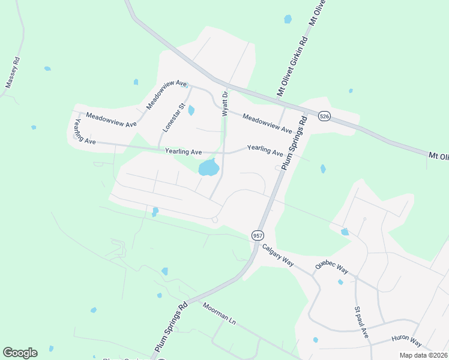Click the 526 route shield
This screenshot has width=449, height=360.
(324, 116)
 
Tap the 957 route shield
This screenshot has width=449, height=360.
(258, 235)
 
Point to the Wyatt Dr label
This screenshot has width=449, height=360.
(225, 103)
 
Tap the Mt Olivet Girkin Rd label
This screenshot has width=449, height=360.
(291, 67)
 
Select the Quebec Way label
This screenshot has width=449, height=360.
(331, 266)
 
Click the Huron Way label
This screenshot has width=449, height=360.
(407, 341)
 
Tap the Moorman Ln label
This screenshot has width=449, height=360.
(220, 314)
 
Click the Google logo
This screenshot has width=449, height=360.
(20, 353)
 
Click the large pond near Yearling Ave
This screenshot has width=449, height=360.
(208, 168)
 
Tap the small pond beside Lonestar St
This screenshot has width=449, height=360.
(191, 110)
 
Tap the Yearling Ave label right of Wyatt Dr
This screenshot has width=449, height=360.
(265, 151)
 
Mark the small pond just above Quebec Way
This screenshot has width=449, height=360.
(345, 232)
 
